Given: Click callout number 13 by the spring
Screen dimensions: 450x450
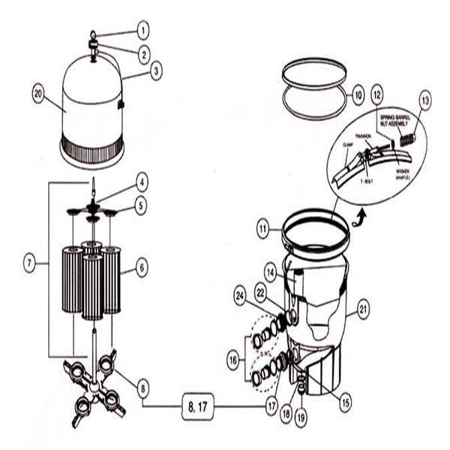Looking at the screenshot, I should point(425,98).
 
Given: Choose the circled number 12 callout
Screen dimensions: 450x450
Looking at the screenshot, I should point(378,95).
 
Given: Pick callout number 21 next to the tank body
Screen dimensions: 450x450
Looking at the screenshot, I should point(364,307).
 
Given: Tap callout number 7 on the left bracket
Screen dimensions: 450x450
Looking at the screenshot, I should point(29,262).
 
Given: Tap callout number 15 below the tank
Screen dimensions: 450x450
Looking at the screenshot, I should point(344,403).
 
